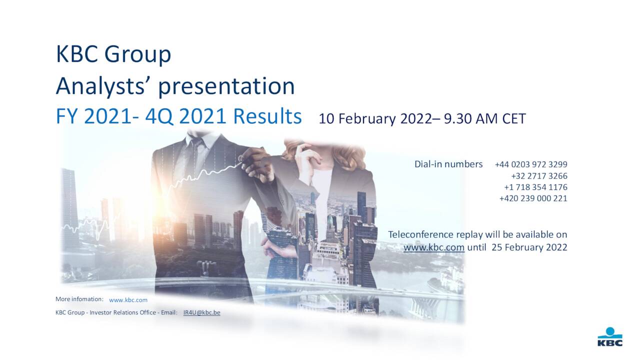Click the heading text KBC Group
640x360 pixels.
click(x=113, y=54)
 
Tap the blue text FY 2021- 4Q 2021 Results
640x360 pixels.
click(x=178, y=116)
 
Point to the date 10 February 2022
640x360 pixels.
click(x=374, y=119)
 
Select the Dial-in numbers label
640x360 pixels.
click(x=448, y=164)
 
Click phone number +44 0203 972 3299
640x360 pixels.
click(x=531, y=164)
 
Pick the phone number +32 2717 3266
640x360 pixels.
click(x=539, y=176)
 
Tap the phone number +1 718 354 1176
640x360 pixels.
click(x=535, y=187)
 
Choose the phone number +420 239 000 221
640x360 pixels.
click(x=533, y=198)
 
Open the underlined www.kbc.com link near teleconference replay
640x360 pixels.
click(x=433, y=247)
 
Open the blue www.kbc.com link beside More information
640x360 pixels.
click(x=128, y=300)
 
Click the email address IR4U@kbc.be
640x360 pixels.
click(x=201, y=312)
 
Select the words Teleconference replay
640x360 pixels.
click(x=438, y=234)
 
